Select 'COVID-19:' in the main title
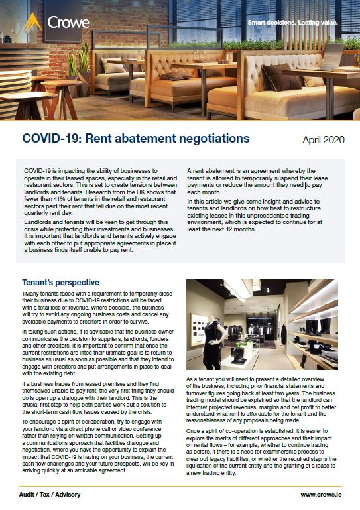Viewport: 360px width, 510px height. point(51,139)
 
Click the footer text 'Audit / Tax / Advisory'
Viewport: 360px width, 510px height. point(55,494)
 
